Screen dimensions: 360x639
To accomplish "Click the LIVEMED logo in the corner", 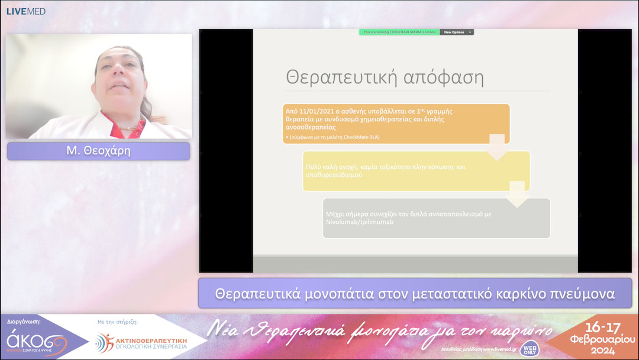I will tap(25, 11).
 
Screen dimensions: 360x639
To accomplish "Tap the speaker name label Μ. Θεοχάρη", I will tap(98, 151).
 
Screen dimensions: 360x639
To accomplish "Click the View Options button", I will tap(457, 32).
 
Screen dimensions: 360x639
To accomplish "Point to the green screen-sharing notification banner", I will tap(399, 32).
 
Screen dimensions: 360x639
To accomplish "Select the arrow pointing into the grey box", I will tap(518, 194).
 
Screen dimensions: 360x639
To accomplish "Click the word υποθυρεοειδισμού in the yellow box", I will tap(334, 176).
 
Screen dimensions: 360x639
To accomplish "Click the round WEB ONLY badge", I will tap(529, 349).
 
